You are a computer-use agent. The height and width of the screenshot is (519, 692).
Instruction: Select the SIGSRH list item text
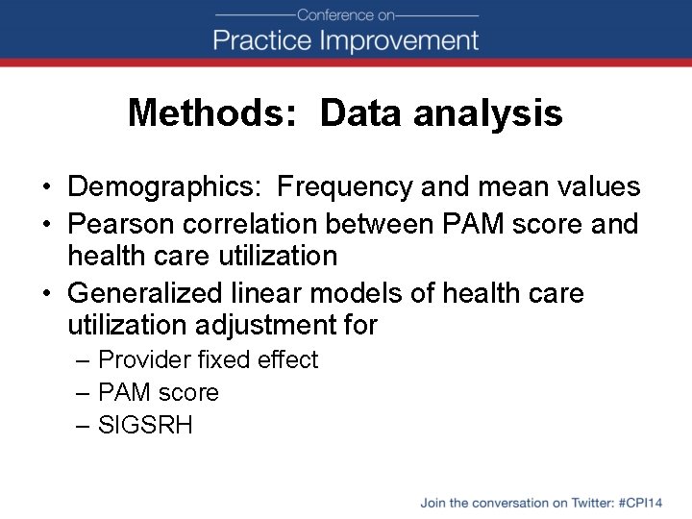(145, 425)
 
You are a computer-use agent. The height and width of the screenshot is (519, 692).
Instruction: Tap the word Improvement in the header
(399, 40)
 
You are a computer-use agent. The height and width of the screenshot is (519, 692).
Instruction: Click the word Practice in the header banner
(261, 40)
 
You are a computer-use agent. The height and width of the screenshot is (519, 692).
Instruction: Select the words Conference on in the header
(346, 14)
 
